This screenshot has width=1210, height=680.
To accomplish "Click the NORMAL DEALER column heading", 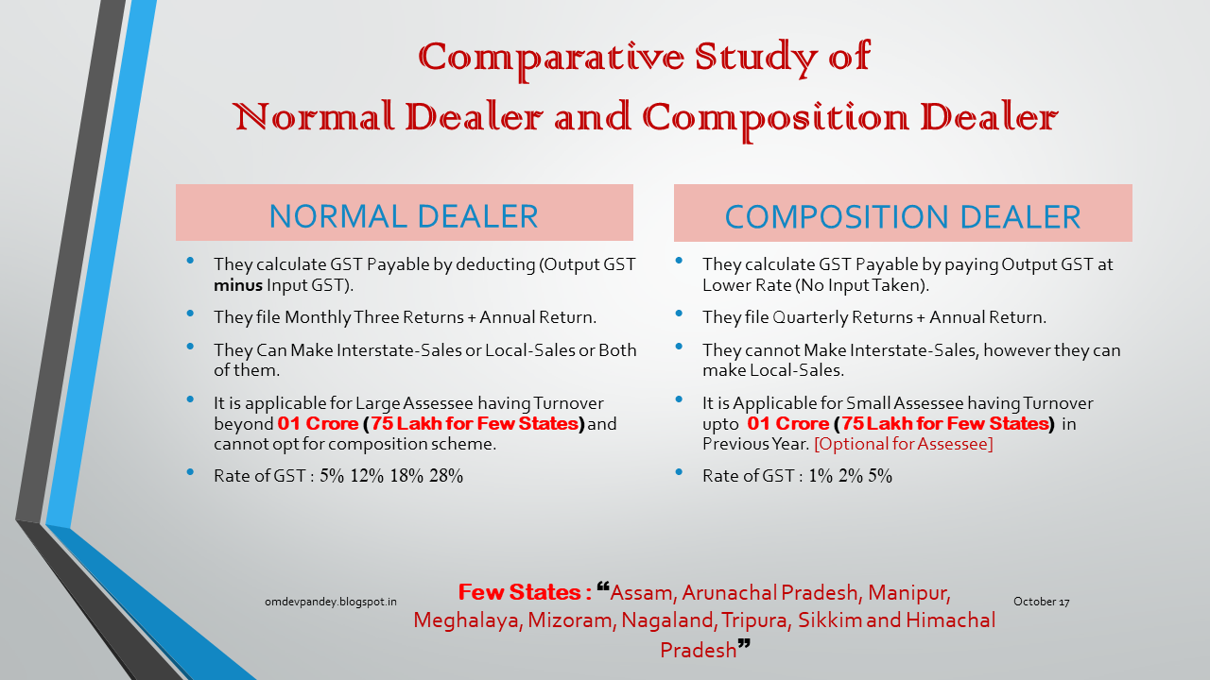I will click(x=404, y=216).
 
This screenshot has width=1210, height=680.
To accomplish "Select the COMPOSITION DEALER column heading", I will click(x=903, y=216).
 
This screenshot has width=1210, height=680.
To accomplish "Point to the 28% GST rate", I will click(x=446, y=476).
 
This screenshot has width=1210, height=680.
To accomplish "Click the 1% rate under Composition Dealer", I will click(x=821, y=476).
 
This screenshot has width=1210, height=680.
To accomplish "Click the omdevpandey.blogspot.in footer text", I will click(x=331, y=602).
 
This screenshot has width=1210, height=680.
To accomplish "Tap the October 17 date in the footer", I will click(x=1041, y=602).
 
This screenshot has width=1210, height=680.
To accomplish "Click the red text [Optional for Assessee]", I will click(x=903, y=444).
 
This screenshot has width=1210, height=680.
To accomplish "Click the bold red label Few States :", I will click(x=525, y=593).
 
